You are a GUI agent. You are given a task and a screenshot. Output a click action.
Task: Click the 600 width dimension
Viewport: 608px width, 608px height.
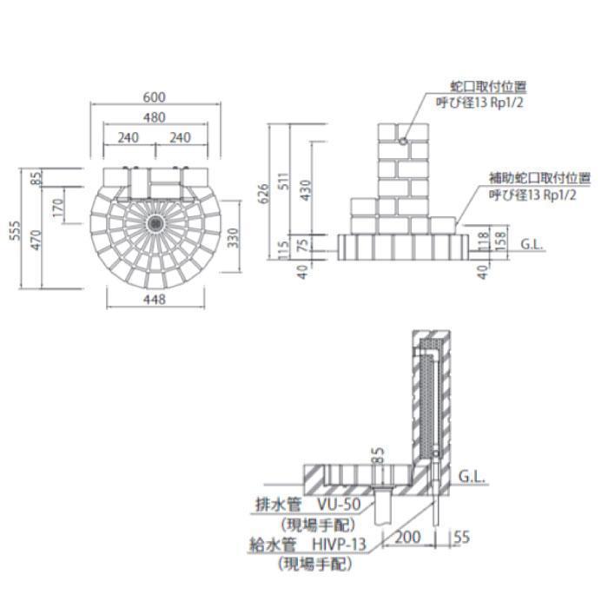(x=155, y=97)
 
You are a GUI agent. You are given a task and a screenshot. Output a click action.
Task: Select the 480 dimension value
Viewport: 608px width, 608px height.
(x=155, y=117)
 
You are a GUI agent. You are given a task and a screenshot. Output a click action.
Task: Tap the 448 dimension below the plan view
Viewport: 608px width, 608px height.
(x=155, y=300)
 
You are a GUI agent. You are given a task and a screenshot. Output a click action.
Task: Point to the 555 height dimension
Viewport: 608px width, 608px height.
(x=15, y=230)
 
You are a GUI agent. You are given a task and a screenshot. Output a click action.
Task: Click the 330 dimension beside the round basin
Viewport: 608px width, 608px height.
(x=233, y=238)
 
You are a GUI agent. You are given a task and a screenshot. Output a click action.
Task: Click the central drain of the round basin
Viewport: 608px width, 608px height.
(x=155, y=223)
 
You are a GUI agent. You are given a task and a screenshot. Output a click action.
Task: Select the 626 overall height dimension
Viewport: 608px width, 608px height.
(x=262, y=194)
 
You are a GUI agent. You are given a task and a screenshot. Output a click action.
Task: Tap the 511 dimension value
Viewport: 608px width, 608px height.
(x=283, y=181)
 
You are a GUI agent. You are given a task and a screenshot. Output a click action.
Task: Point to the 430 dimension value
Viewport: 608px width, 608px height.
(x=306, y=190)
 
